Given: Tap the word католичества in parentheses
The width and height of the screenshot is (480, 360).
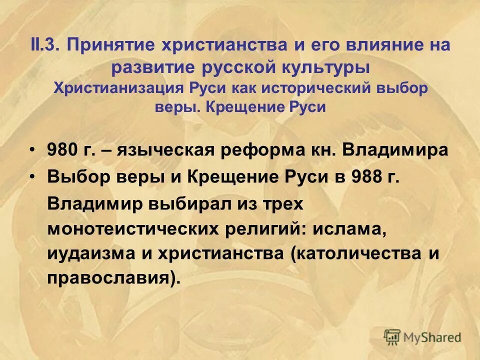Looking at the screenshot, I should (357, 253).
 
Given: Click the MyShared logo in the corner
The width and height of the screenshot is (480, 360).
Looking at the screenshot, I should (422, 336).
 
